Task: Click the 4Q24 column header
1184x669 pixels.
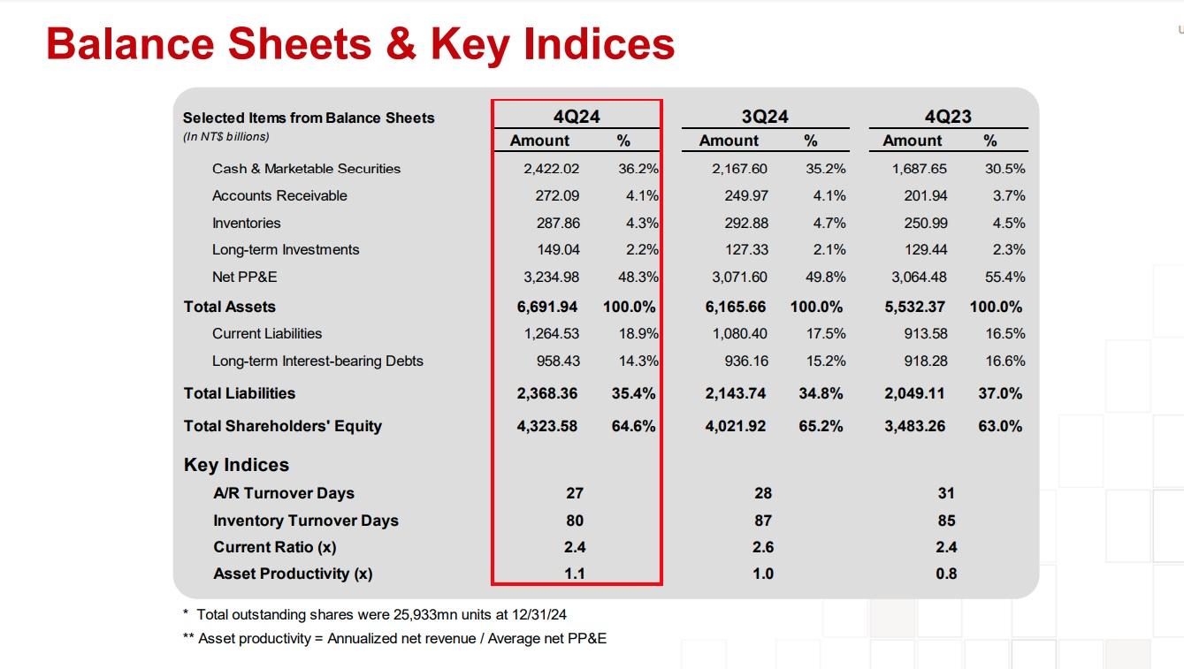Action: (x=577, y=117)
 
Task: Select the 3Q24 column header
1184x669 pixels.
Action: (x=765, y=117)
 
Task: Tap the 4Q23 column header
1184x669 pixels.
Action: (x=948, y=117)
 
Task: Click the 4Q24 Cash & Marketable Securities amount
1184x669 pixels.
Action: (x=551, y=169)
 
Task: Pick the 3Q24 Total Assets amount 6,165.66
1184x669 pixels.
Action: (x=736, y=307)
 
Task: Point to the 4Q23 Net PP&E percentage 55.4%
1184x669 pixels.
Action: (x=1004, y=277)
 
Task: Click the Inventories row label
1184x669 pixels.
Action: (x=246, y=223)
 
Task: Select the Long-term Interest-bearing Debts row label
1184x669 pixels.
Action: (x=317, y=361)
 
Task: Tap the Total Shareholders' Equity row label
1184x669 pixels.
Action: (x=282, y=426)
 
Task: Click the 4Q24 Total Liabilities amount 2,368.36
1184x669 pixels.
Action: (x=546, y=393)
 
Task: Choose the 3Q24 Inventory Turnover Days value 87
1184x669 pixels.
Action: (x=763, y=521)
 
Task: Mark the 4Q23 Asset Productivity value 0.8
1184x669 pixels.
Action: (x=946, y=574)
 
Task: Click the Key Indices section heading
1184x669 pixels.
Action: (x=236, y=465)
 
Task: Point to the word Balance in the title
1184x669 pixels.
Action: (x=132, y=44)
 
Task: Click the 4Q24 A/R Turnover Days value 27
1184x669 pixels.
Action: (x=575, y=493)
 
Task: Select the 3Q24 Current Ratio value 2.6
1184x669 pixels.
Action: (x=763, y=547)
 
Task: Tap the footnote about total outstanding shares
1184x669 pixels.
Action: (x=380, y=614)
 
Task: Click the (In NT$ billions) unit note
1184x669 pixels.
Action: (x=225, y=137)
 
